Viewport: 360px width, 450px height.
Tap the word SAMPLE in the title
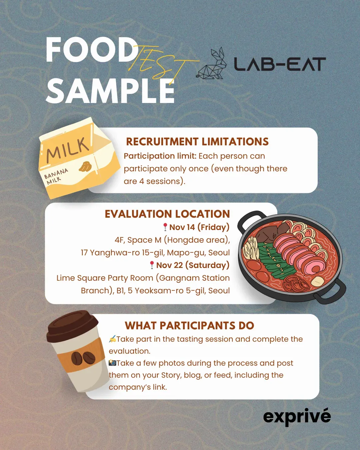coord(110,91)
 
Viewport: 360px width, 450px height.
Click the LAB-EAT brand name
coord(279,64)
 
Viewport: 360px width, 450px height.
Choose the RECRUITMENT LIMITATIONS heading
coord(197,142)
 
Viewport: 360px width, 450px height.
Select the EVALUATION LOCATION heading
coord(167,214)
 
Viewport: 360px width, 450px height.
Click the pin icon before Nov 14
coord(165,227)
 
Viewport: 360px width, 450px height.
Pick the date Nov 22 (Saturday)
coord(193,265)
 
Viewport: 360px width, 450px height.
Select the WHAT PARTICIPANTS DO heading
coord(189,325)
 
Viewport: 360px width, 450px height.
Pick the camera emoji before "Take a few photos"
coord(112,363)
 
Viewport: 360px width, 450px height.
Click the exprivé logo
coord(297,417)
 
